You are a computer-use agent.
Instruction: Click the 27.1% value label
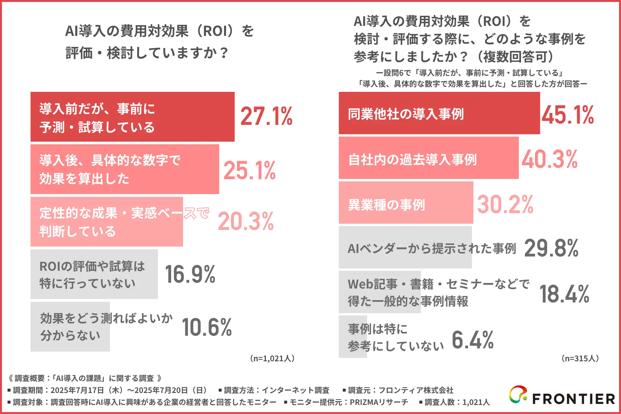pyautogui.click(x=266, y=116)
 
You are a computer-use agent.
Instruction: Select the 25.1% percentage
pyautogui.click(x=249, y=170)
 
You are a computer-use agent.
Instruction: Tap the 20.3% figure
pyautogui.click(x=246, y=222)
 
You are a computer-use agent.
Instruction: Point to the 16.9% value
pyautogui.click(x=190, y=274)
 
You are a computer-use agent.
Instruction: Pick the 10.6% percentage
pyautogui.click(x=207, y=327)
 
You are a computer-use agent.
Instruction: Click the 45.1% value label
pyautogui.click(x=568, y=115)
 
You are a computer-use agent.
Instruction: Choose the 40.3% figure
pyautogui.click(x=550, y=159)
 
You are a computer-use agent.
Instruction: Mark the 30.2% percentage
pyautogui.click(x=505, y=204)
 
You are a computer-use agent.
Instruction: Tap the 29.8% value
pyautogui.click(x=551, y=248)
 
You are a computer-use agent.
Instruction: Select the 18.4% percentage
pyautogui.click(x=564, y=294)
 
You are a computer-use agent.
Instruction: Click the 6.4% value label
pyautogui.click(x=473, y=340)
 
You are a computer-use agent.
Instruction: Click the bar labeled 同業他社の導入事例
pyautogui.click(x=439, y=113)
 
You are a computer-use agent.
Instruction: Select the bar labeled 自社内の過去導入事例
pyautogui.click(x=428, y=158)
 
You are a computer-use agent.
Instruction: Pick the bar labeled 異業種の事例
pyautogui.click(x=406, y=203)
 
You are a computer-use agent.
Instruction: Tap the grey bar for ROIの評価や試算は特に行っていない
pyautogui.click(x=94, y=274)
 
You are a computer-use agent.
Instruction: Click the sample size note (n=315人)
pyautogui.click(x=580, y=358)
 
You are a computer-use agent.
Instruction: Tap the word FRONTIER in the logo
pyautogui.click(x=573, y=399)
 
